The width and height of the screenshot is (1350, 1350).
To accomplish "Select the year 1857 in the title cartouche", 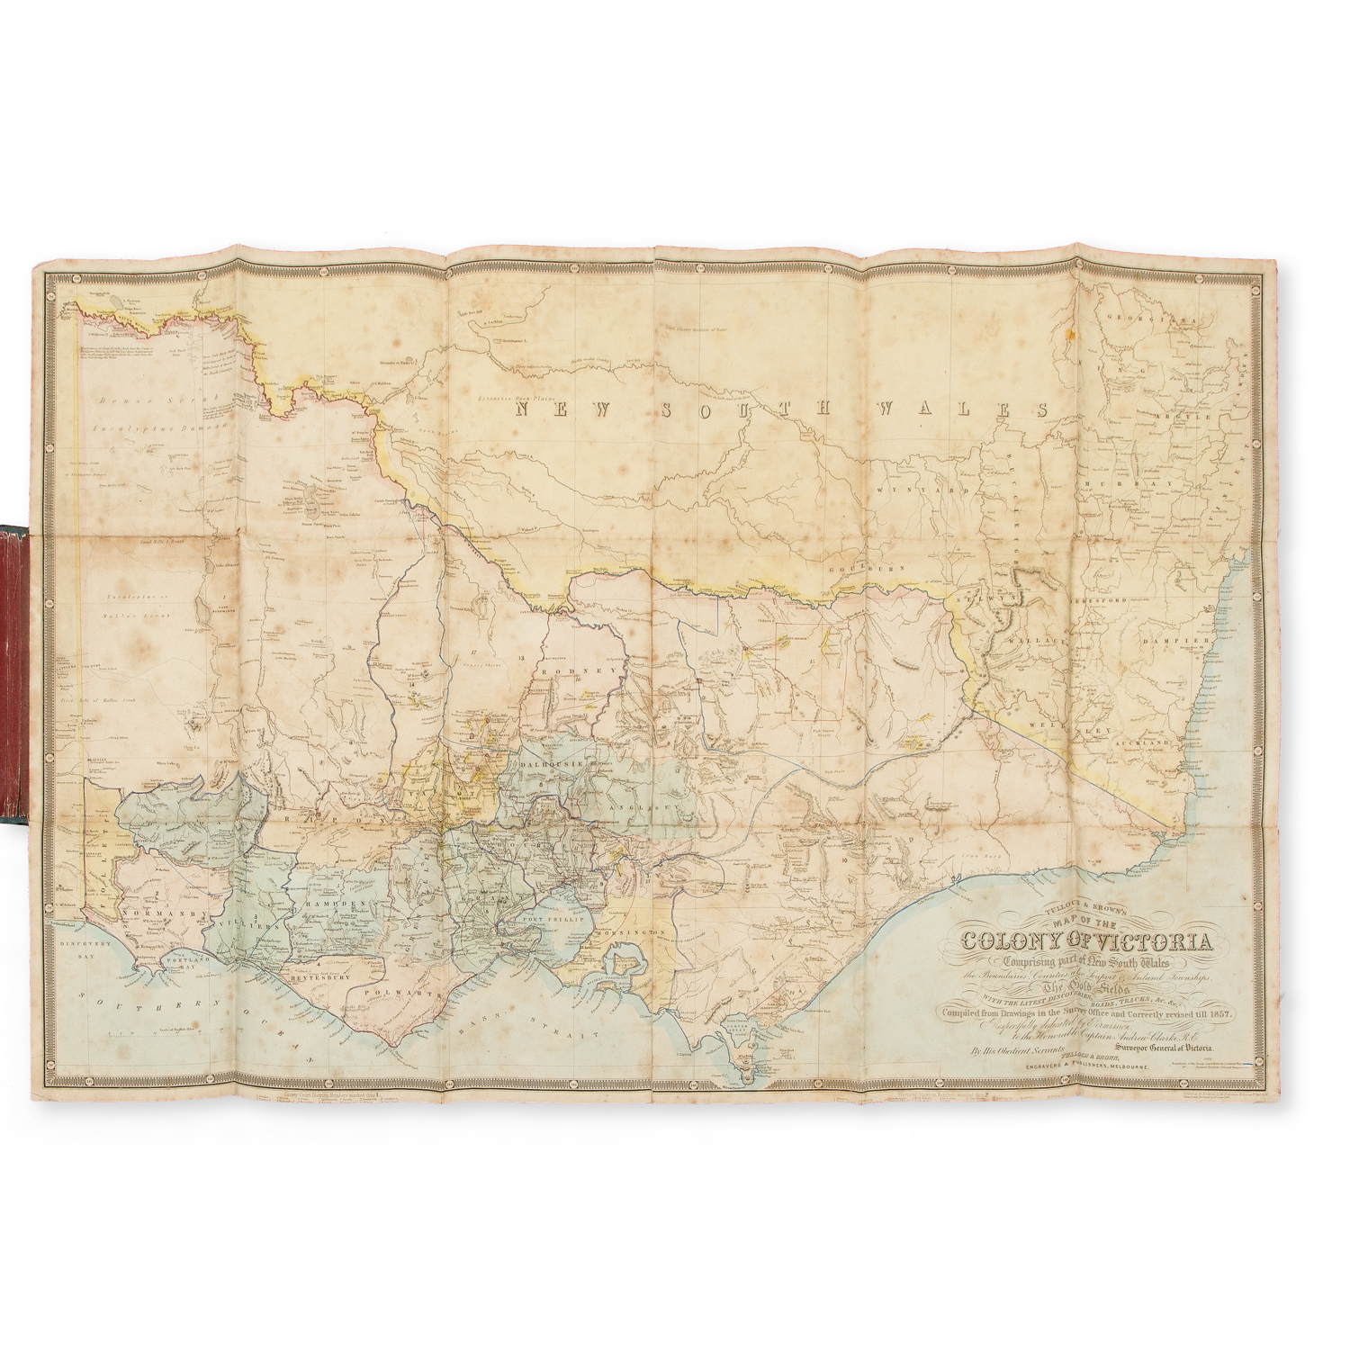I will coord(1220,1012).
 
